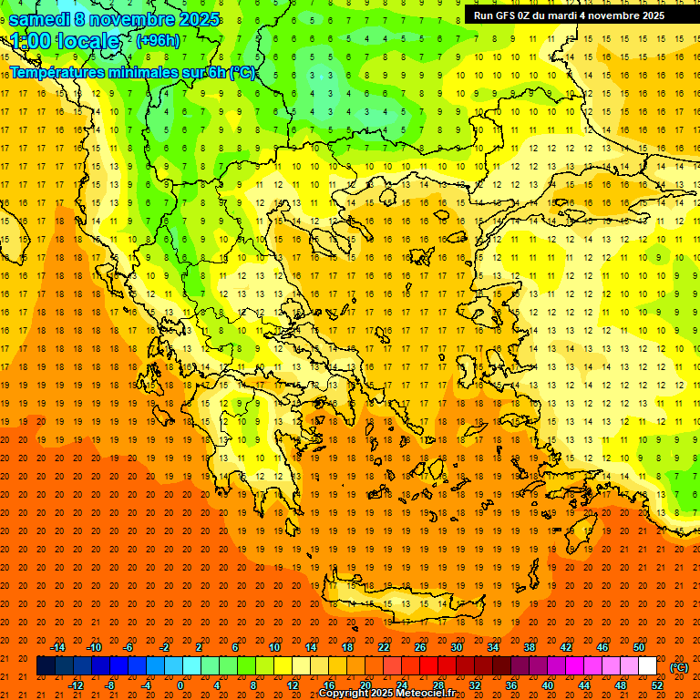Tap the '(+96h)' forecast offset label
point(158,41)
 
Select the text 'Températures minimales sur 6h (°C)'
point(133,73)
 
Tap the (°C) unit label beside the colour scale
point(678,667)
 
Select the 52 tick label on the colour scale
point(657,685)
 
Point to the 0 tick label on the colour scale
point(180,685)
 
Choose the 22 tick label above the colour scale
point(384,647)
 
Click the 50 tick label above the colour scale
point(639,647)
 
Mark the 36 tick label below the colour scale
point(510,685)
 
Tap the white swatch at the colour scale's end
point(647,666)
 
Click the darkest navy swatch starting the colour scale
point(46,666)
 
